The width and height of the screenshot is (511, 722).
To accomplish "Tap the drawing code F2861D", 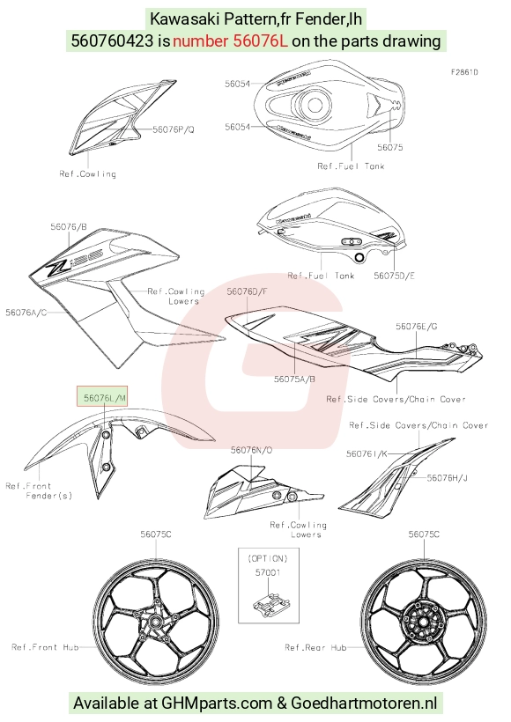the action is (464, 72).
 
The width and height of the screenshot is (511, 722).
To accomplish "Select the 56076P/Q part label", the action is (174, 129).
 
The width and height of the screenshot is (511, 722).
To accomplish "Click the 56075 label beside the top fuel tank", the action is (389, 147).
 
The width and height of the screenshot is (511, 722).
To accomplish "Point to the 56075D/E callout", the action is (394, 276).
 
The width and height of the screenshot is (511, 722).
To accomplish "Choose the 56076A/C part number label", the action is (26, 313).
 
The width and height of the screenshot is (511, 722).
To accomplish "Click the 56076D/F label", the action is (247, 291).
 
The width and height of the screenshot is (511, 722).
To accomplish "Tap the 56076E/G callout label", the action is (417, 326).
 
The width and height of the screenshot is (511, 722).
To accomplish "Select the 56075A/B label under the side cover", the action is (294, 379).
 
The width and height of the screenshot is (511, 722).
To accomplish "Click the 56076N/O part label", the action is (252, 450).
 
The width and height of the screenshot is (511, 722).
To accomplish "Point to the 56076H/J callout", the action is (447, 477).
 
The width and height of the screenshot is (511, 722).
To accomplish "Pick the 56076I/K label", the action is (367, 453).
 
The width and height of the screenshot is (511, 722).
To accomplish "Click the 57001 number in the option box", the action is (268, 572).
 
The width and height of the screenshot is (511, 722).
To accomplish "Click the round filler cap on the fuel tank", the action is (314, 105).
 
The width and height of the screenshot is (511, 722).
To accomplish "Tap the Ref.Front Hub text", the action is (45, 647).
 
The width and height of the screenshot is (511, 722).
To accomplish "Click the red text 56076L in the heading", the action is (230, 41).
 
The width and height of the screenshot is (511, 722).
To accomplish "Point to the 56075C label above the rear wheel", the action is (424, 534).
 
